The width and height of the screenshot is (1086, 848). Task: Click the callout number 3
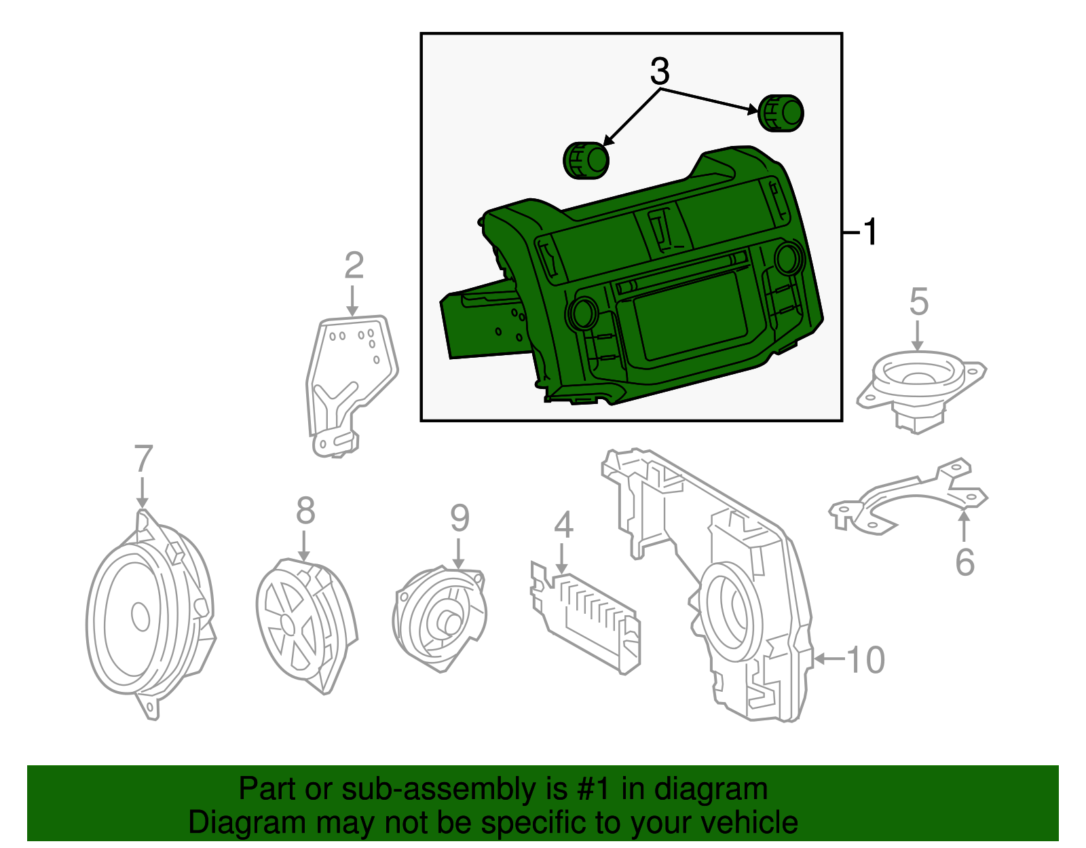coord(660,71)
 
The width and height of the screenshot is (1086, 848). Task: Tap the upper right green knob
coord(781,113)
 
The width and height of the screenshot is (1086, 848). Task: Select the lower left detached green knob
coord(586,160)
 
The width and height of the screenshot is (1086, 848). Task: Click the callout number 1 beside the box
coord(869,232)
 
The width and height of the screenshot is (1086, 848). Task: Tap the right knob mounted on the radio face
coord(787,257)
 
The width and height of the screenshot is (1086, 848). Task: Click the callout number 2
coord(354,265)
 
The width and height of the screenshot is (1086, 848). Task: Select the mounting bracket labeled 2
coord(350,380)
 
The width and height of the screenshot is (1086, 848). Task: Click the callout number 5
coord(918,301)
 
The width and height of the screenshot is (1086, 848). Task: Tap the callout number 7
coord(143,459)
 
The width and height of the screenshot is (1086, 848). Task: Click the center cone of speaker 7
coord(141,616)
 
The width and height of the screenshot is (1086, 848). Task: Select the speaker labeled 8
coord(305,623)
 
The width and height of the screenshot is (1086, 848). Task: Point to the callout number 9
coord(460,519)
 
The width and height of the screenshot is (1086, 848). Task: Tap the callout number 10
coord(865,659)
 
